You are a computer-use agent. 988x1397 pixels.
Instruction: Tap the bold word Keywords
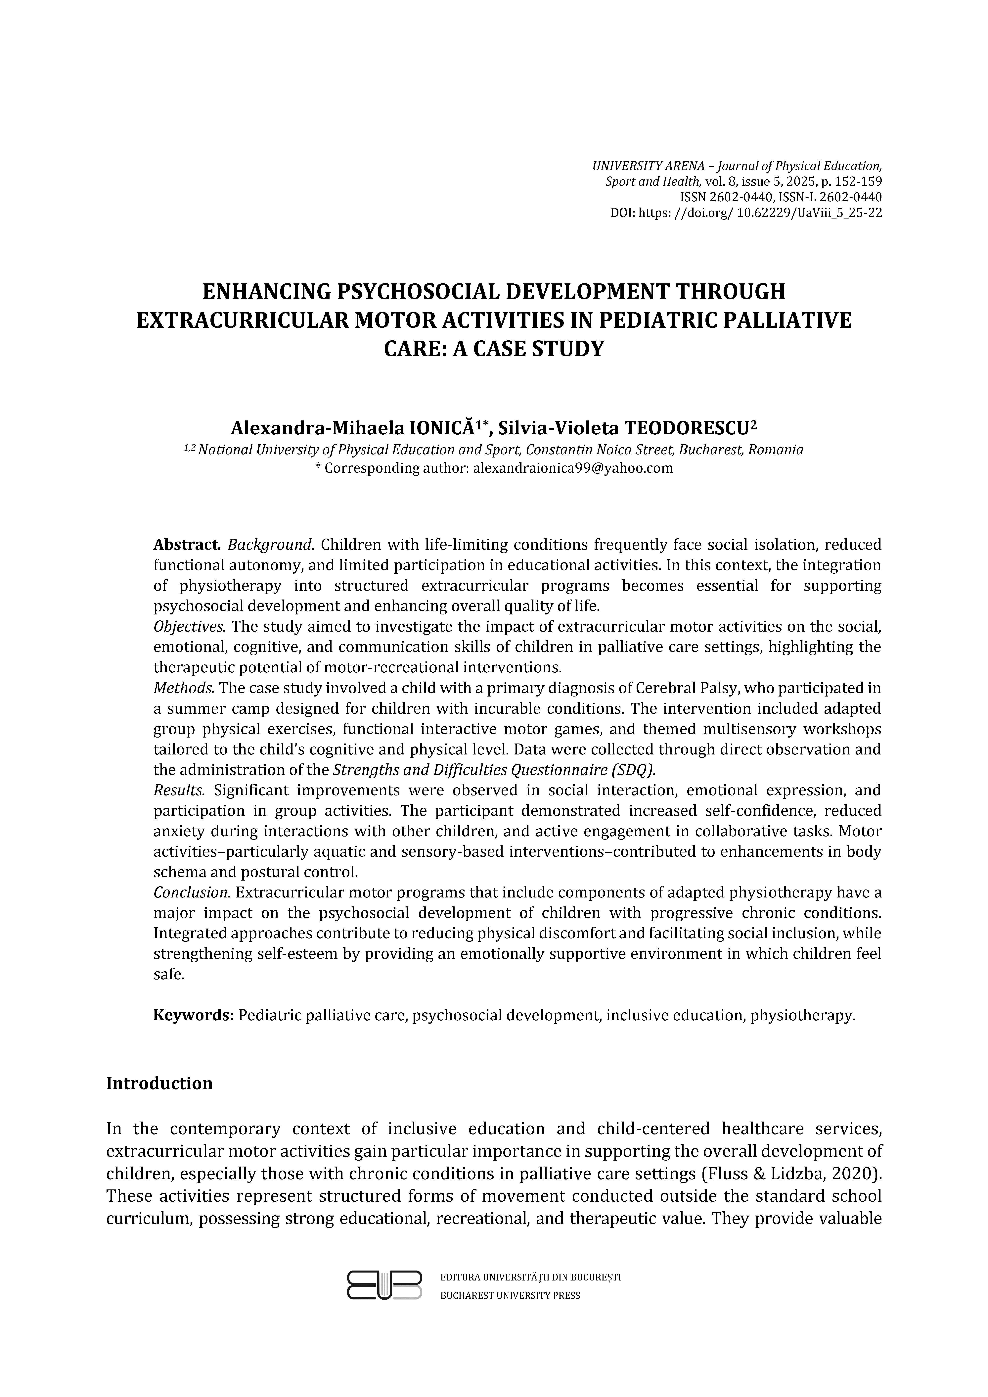coord(193,1015)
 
